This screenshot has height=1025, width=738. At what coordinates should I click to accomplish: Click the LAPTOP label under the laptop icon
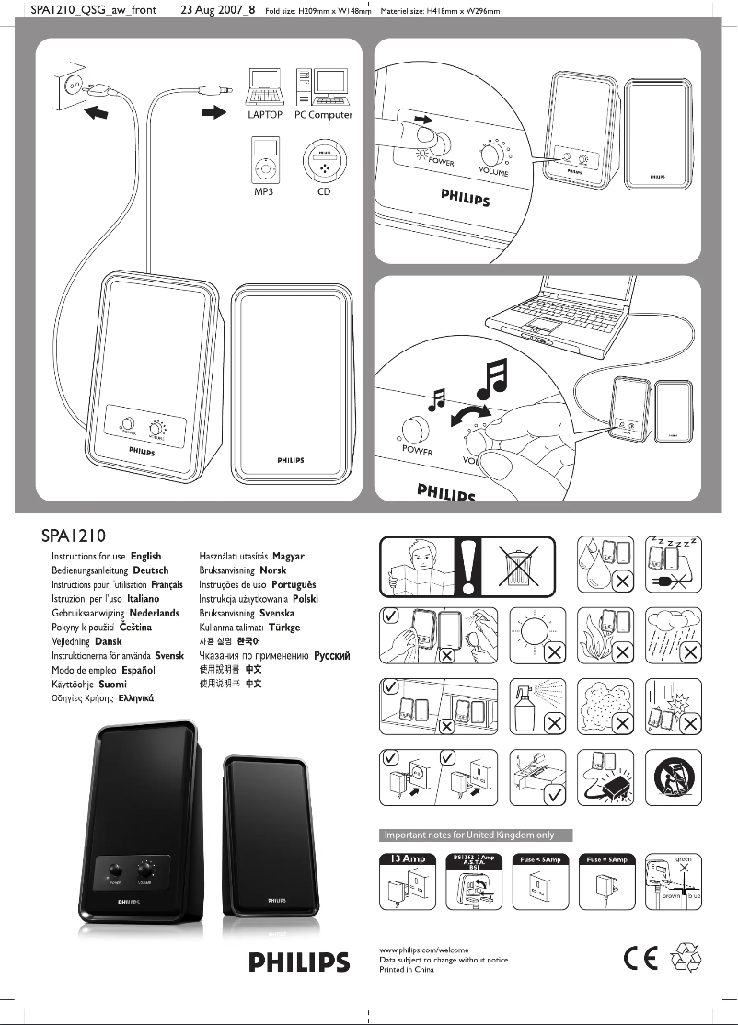[265, 115]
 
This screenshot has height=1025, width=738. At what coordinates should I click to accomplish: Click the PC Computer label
[323, 115]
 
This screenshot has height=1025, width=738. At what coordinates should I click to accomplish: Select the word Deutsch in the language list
[151, 570]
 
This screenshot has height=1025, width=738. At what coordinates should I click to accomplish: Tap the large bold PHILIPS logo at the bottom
[300, 963]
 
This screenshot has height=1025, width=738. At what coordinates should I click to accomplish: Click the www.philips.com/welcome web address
[424, 949]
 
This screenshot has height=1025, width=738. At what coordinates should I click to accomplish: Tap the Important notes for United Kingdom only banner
[477, 835]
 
